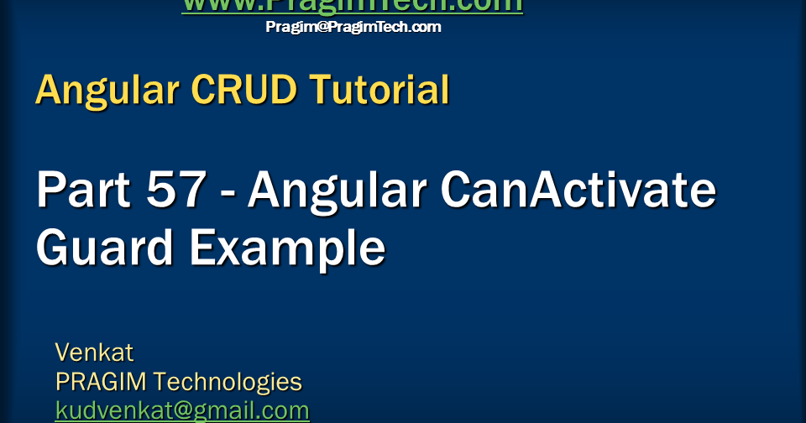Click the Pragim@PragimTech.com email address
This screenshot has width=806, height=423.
tap(353, 27)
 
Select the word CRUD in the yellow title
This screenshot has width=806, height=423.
tap(238, 90)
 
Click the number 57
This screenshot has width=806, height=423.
tap(175, 191)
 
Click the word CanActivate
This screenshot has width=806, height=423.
tap(578, 191)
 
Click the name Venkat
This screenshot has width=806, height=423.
tap(94, 352)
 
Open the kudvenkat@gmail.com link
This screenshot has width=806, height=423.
tap(182, 410)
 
